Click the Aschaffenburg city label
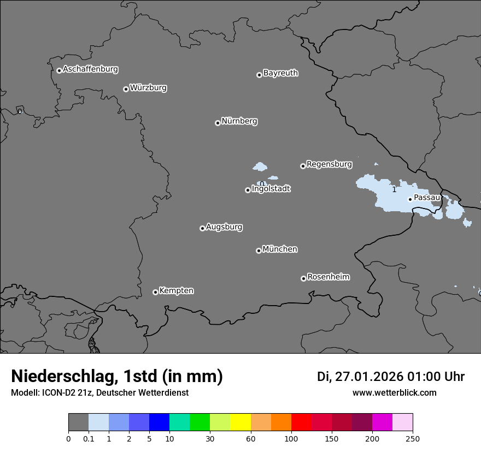(x=90, y=69)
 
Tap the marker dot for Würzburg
(x=126, y=89)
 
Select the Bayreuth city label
(x=280, y=73)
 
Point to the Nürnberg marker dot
(x=218, y=123)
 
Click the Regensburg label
(x=329, y=164)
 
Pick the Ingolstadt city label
(x=271, y=189)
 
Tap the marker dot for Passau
(x=410, y=199)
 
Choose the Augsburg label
(x=224, y=226)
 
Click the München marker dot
(x=259, y=251)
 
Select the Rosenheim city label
(x=328, y=277)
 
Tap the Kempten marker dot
(x=155, y=292)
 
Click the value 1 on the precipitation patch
(x=394, y=189)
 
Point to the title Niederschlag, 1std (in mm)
(x=117, y=376)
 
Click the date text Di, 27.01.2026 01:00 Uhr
(x=391, y=377)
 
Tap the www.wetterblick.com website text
(x=394, y=392)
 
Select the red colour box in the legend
(x=301, y=422)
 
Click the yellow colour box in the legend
(x=241, y=422)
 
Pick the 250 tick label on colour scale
(x=413, y=439)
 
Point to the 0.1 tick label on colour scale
(x=89, y=439)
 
